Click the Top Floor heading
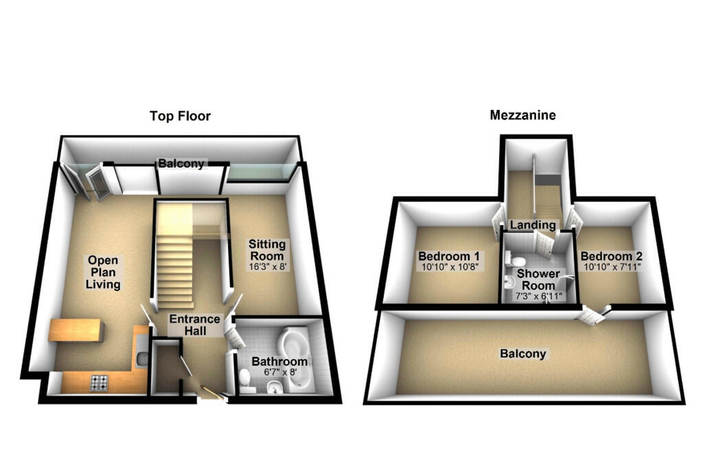(x=180, y=116)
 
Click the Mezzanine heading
(x=522, y=115)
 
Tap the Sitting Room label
(x=267, y=250)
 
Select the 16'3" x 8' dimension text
(x=267, y=267)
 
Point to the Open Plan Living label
(x=103, y=272)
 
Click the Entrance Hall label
(x=195, y=325)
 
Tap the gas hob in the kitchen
(x=99, y=382)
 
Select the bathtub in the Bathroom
(x=294, y=359)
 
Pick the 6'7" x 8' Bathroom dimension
(x=280, y=372)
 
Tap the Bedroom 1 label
(x=449, y=257)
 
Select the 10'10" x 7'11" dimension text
(x=612, y=267)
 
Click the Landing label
(x=533, y=224)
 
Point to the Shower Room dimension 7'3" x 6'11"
(x=538, y=296)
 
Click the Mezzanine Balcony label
(x=522, y=353)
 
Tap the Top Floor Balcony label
(x=181, y=163)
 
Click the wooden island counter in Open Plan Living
(x=76, y=330)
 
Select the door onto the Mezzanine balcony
(x=593, y=314)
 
